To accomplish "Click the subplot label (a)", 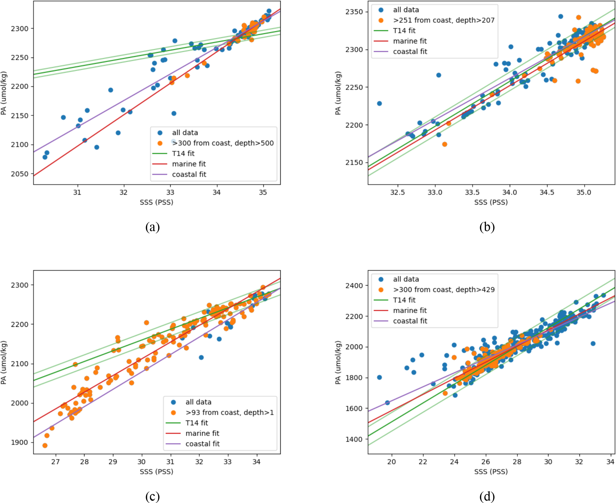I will pos(152,227).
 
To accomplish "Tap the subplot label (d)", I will pos(487,496).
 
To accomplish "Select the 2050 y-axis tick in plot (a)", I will pos(20,174).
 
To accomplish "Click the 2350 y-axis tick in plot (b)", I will pos(354,12).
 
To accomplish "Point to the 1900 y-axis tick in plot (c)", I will pos(20,442).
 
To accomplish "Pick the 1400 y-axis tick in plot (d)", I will pos(354,439).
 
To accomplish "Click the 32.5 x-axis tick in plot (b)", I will pos(397,193).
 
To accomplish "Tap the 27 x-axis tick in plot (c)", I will pos(55,462).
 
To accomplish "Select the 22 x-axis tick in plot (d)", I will pos(423,462).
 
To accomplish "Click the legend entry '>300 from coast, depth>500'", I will pos(223,143).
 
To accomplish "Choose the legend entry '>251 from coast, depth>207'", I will pos(444,20).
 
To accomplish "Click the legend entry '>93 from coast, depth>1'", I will pos(229,413).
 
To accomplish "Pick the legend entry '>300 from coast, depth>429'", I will pos(444,289).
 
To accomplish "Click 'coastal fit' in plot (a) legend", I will pos(189,174).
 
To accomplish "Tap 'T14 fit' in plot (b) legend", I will pos(404,31).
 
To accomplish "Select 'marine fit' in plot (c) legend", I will pos(202,433).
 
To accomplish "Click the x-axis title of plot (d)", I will pos(491,472).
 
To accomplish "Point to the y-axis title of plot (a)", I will pos(4,93).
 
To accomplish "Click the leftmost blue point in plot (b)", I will pos(379,103).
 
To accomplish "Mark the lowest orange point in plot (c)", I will pos(45,445).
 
